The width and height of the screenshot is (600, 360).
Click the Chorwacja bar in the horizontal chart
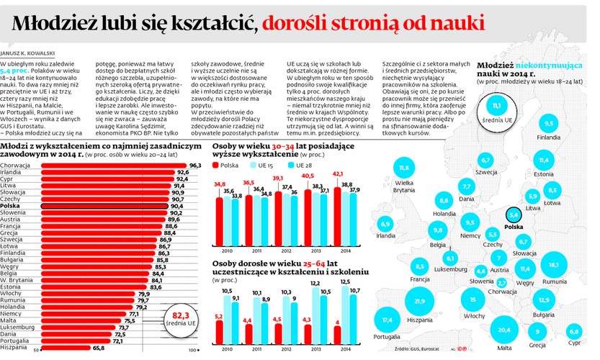click(x=108, y=166)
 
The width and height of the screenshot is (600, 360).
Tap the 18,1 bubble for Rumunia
click(x=554, y=266)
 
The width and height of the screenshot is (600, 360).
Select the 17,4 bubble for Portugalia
click(x=388, y=320)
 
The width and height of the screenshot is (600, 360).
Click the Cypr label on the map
click(x=574, y=342)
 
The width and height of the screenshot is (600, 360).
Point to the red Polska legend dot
click(x=218, y=165)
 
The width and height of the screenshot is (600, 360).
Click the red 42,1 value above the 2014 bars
click(x=336, y=174)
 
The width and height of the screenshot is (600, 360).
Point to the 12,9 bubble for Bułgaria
click(x=544, y=300)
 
